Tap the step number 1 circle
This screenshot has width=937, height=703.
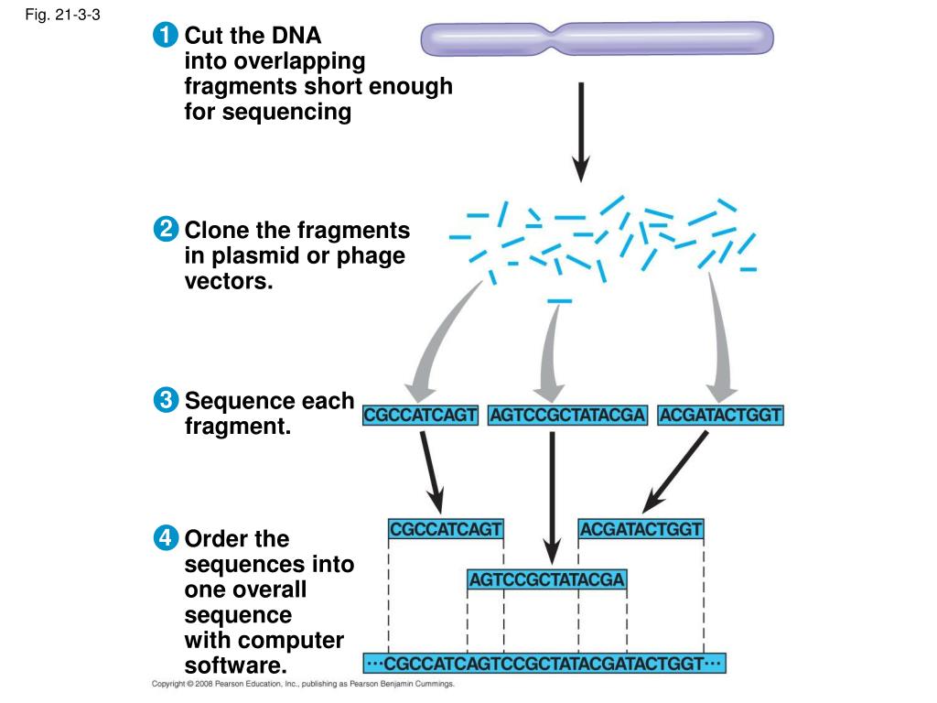tap(165, 38)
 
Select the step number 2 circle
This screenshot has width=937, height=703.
tap(165, 229)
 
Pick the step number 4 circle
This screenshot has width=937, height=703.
tap(165, 538)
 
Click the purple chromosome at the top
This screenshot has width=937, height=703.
tap(597, 38)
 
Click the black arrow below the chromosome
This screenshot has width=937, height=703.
tap(581, 133)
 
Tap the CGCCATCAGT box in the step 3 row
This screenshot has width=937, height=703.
tap(421, 416)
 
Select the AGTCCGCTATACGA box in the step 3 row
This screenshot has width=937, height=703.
tap(567, 416)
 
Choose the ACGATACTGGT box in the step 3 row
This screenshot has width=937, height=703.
tap(721, 416)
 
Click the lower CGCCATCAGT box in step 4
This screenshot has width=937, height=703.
tap(446, 529)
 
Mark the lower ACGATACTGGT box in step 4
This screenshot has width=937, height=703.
tap(641, 529)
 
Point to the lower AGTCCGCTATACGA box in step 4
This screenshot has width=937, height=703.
tap(546, 579)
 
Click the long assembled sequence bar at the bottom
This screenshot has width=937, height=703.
tap(544, 663)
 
